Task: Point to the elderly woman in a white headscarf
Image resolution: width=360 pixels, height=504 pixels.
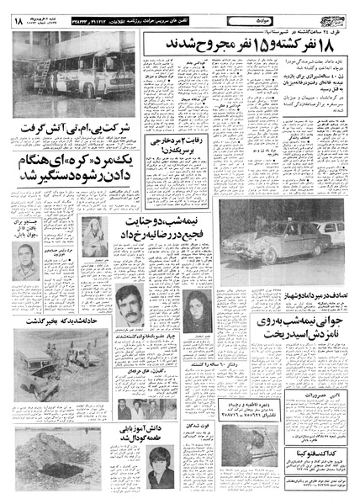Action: click(x=106, y=243)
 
